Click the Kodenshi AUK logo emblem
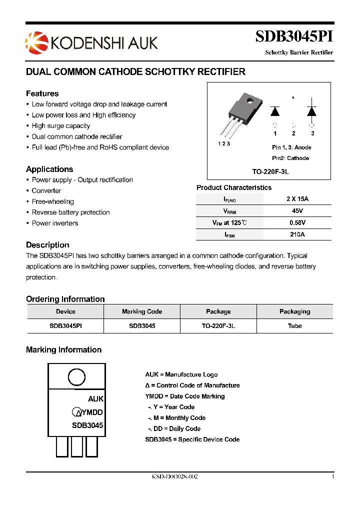click(35, 41)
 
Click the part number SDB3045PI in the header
click(294, 37)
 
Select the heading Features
click(42, 93)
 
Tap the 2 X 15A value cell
click(297, 198)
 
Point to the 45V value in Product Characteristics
click(297, 210)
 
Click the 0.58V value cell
click(297, 222)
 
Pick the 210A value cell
click(297, 234)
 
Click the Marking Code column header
click(142, 311)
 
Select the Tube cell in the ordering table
click(295, 325)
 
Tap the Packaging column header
click(295, 311)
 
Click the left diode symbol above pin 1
click(275, 111)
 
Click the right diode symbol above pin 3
click(312, 111)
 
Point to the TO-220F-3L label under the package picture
click(270, 171)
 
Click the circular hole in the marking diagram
click(76, 377)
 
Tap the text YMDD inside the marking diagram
click(92, 412)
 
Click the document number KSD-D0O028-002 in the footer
click(174, 477)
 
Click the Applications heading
click(49, 169)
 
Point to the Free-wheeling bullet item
click(52, 201)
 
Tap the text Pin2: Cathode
click(290, 158)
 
